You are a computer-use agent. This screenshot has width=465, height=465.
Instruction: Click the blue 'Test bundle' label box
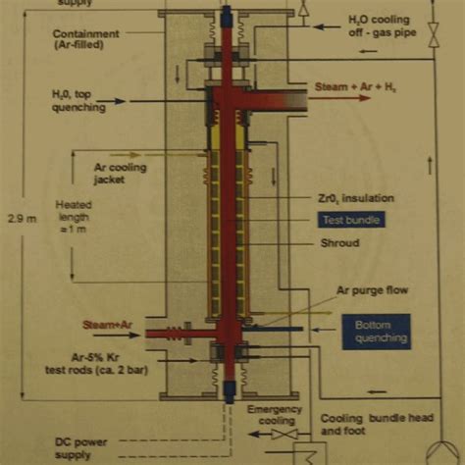pos(350,220)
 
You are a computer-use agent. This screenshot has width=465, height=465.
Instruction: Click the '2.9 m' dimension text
pos(21,220)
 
